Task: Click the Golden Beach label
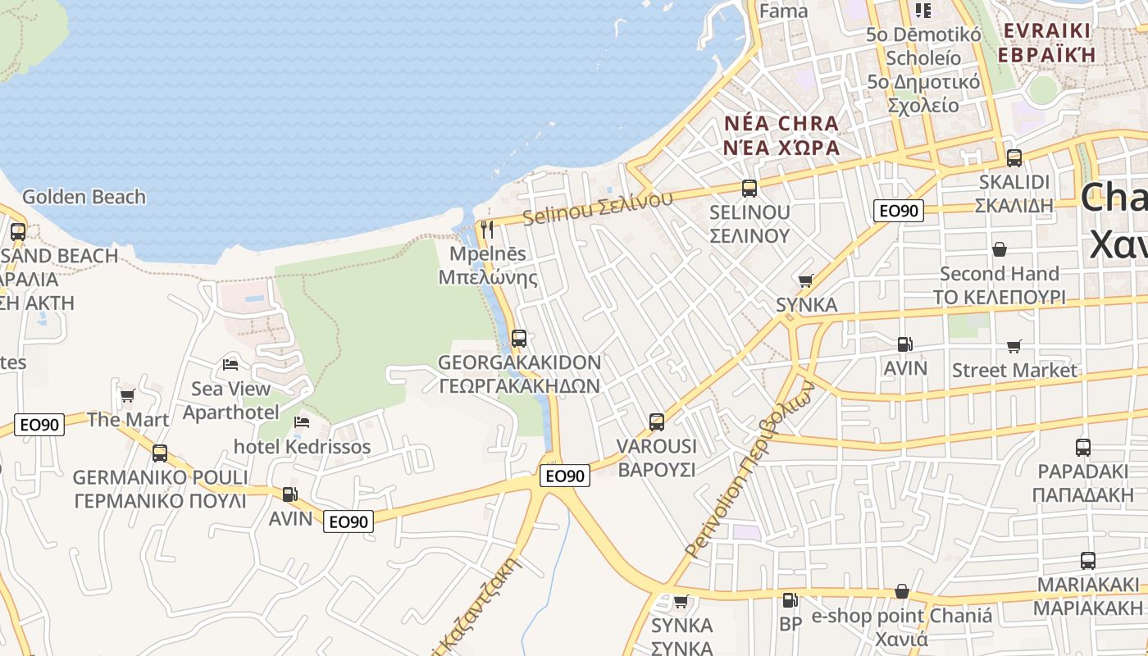(84, 197)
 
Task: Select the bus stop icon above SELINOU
(749, 189)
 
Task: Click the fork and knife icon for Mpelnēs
(488, 230)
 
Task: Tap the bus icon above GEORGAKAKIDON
(518, 338)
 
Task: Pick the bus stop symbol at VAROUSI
(656, 422)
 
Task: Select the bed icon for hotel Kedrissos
(302, 422)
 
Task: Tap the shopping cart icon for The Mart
(127, 396)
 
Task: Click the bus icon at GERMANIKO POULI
(159, 453)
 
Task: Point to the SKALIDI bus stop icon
(1014, 158)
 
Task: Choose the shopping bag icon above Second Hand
(999, 249)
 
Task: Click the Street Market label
(1014, 371)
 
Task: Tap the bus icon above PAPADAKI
(1082, 448)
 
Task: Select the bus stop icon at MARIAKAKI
(1087, 561)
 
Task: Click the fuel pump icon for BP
(790, 600)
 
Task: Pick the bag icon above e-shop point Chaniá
(901, 591)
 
